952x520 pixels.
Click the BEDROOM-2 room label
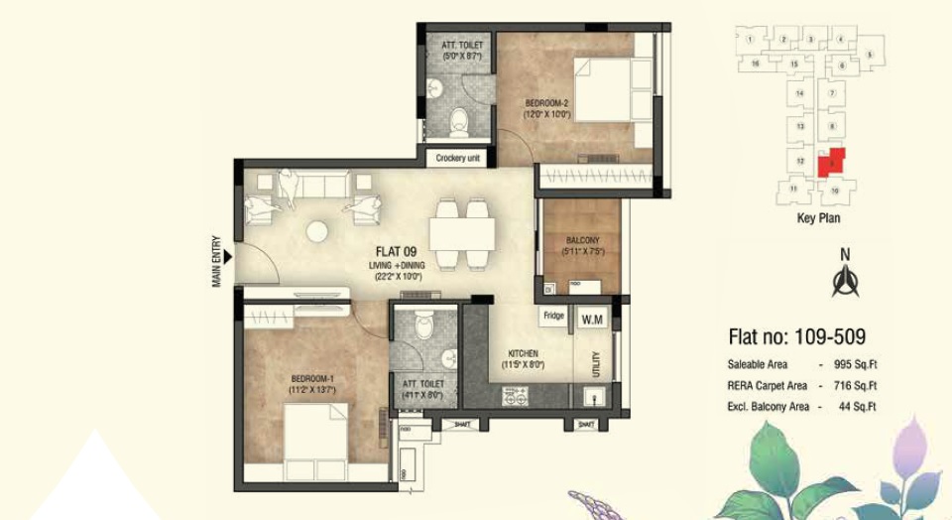coord(545,103)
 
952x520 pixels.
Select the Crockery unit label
coord(458,158)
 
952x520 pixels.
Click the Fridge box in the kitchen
coord(553,317)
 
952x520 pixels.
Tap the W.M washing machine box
coord(592,320)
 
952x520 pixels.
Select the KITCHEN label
coord(523,353)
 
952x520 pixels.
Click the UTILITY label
coord(596,365)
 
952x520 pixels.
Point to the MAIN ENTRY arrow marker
coord(228,258)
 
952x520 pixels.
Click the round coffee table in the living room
coord(318,231)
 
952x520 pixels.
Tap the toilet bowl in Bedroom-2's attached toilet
coord(458,122)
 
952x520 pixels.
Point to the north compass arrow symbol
coord(845,282)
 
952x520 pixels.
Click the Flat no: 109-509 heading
coord(796,336)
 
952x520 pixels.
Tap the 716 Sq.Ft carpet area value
coord(857,385)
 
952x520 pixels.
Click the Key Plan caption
coord(818,219)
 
